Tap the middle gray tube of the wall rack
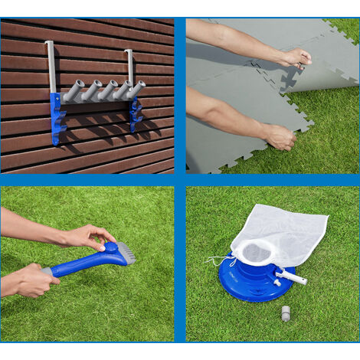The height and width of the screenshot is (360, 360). coord(105,90)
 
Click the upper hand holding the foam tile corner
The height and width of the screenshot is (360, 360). coord(295,57)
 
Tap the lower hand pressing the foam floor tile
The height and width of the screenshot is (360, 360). coord(280,136)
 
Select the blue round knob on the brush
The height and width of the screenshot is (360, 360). coord(110,248)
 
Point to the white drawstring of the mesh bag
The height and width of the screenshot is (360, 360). coord(218,262)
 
